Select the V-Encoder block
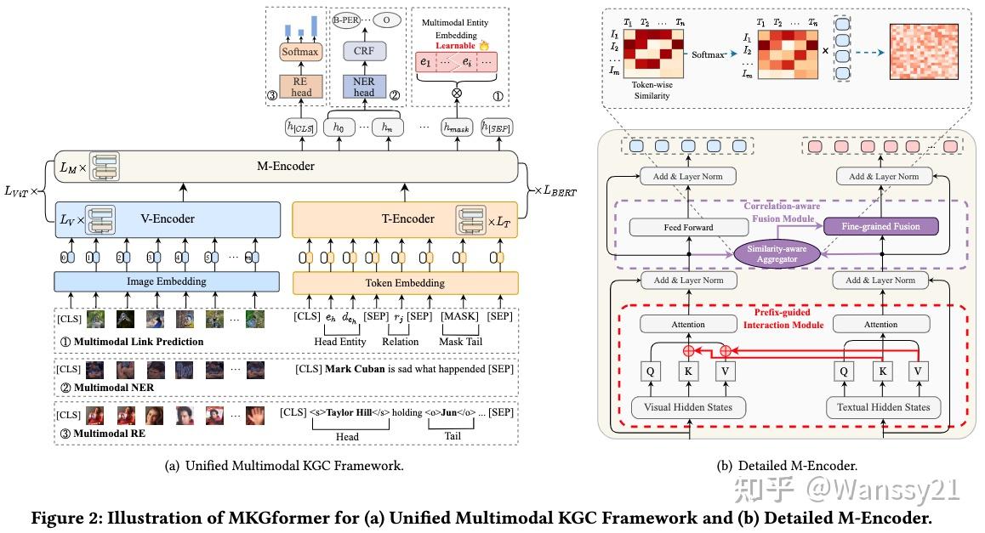[x=168, y=218]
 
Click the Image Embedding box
[x=168, y=281]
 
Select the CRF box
[x=365, y=52]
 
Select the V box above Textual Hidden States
[x=918, y=371]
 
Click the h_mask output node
[x=457, y=127]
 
